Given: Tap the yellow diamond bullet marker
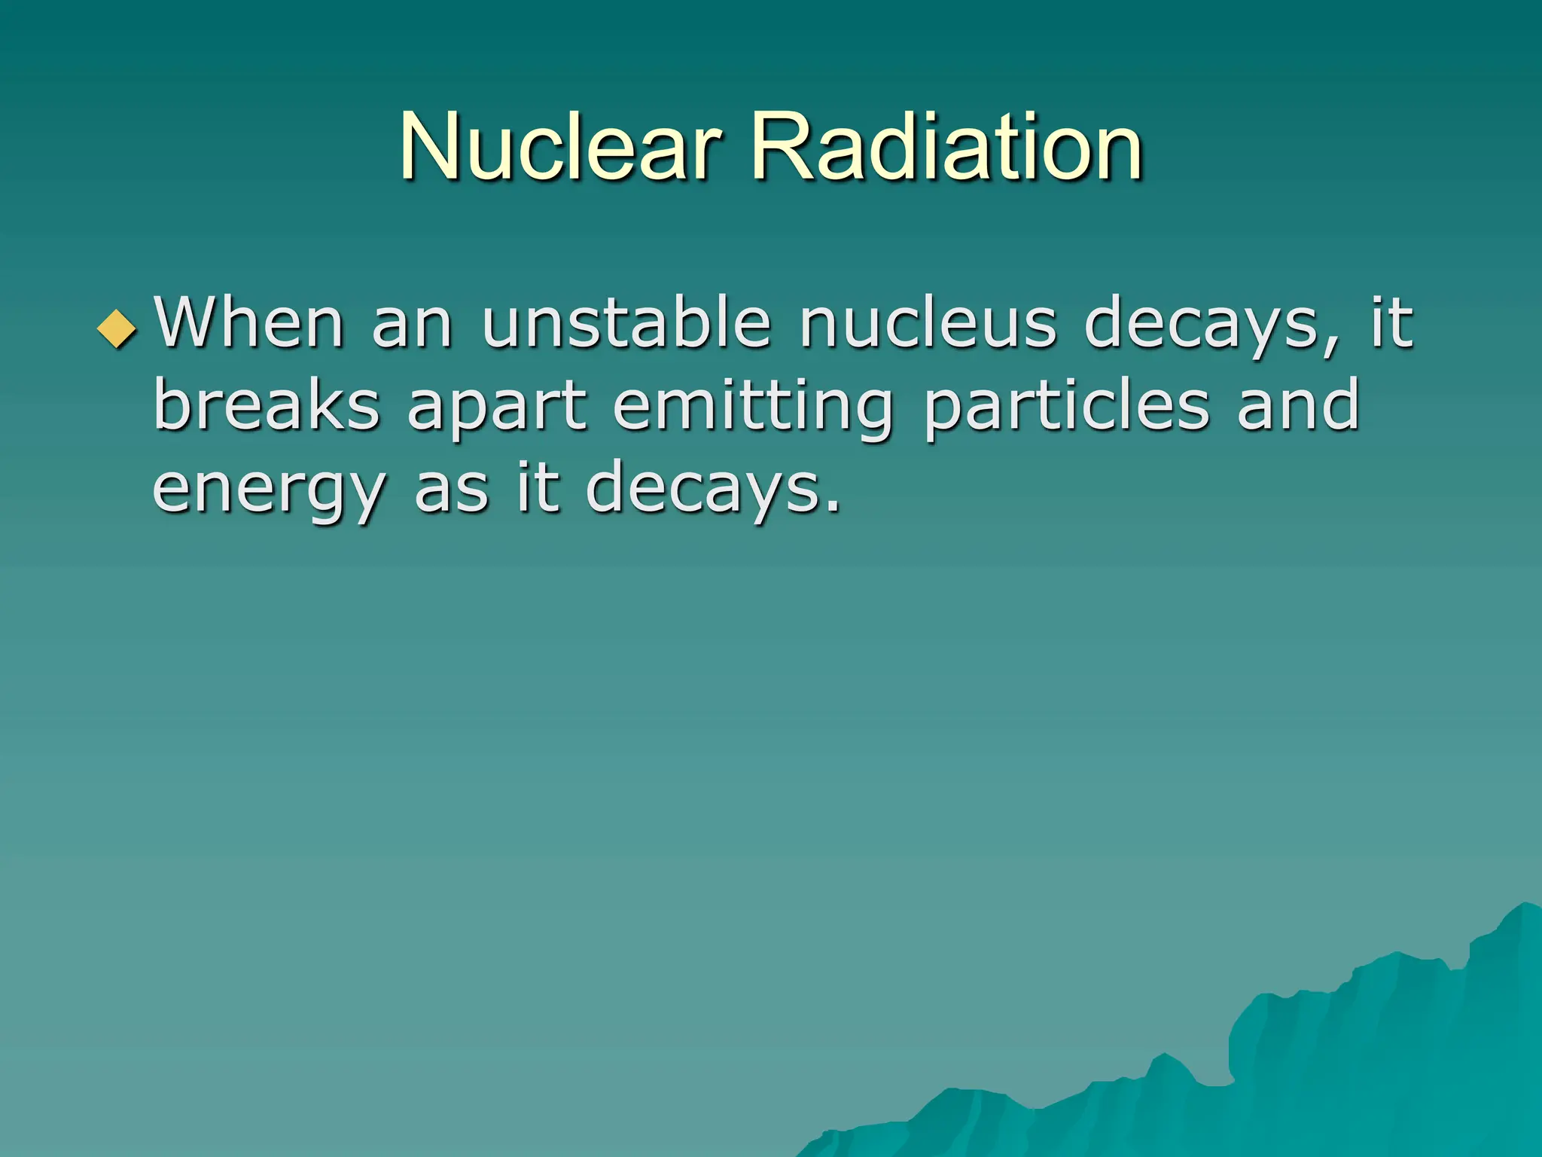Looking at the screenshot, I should pyautogui.click(x=117, y=328).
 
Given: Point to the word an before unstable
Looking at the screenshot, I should pyautogui.click(x=412, y=324).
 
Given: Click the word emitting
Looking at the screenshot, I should pyautogui.click(x=754, y=407).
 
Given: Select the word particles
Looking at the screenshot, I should pyautogui.click(x=1066, y=407).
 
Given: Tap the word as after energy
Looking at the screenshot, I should pyautogui.click(x=452, y=490).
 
